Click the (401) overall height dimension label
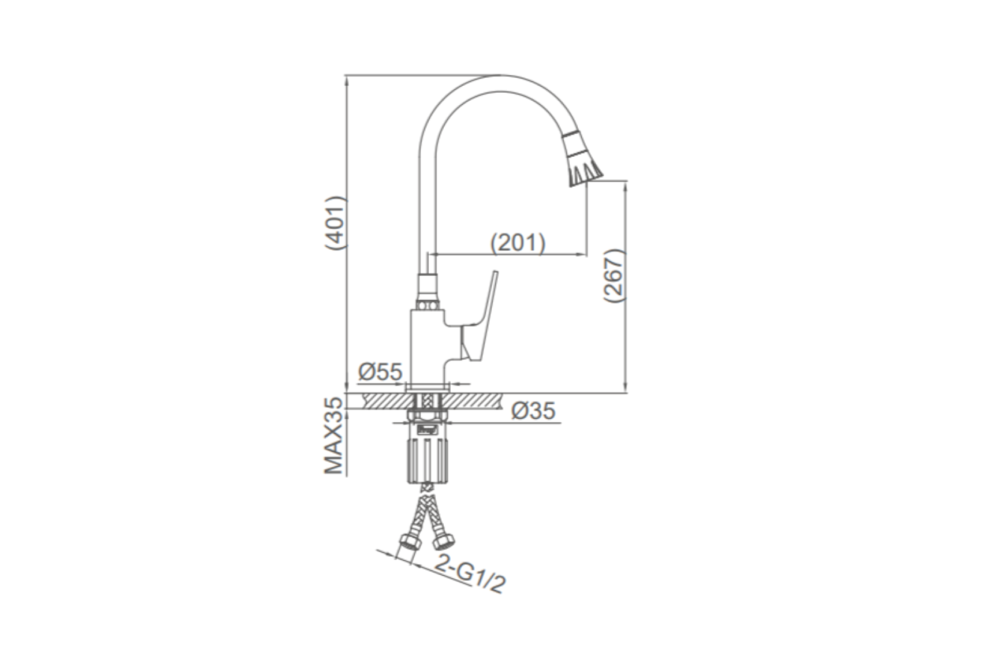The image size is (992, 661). click(x=336, y=223)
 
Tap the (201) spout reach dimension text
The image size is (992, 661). click(x=517, y=243)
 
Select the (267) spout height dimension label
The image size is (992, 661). click(x=614, y=275)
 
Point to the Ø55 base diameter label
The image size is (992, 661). click(x=380, y=372)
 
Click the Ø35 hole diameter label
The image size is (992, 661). click(x=532, y=411)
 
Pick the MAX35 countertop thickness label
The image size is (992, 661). click(x=334, y=435)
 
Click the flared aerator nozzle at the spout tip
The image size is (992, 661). click(x=582, y=159)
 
